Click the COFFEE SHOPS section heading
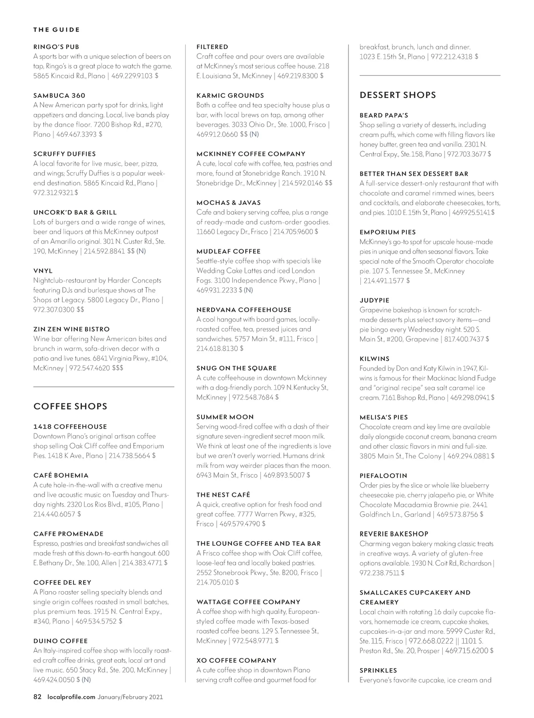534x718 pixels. point(70,406)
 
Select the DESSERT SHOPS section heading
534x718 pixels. point(397,95)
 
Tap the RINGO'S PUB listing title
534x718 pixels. point(57,47)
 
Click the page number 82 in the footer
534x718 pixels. point(37,697)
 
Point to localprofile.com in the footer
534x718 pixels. point(71,697)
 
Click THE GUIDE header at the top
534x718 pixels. point(57,30)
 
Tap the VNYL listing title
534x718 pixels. point(43,271)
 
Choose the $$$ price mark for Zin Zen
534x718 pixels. point(117,368)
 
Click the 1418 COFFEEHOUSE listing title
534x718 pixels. point(70,426)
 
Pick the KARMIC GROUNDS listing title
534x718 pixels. point(230,95)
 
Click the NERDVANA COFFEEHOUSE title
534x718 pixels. point(243,310)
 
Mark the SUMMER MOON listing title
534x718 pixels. point(225,417)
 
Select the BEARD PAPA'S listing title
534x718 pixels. point(384,115)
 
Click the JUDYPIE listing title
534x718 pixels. point(374,300)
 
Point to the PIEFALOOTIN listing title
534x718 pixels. point(383,475)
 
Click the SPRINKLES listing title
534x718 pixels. point(378,670)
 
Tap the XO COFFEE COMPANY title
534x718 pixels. point(236,661)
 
